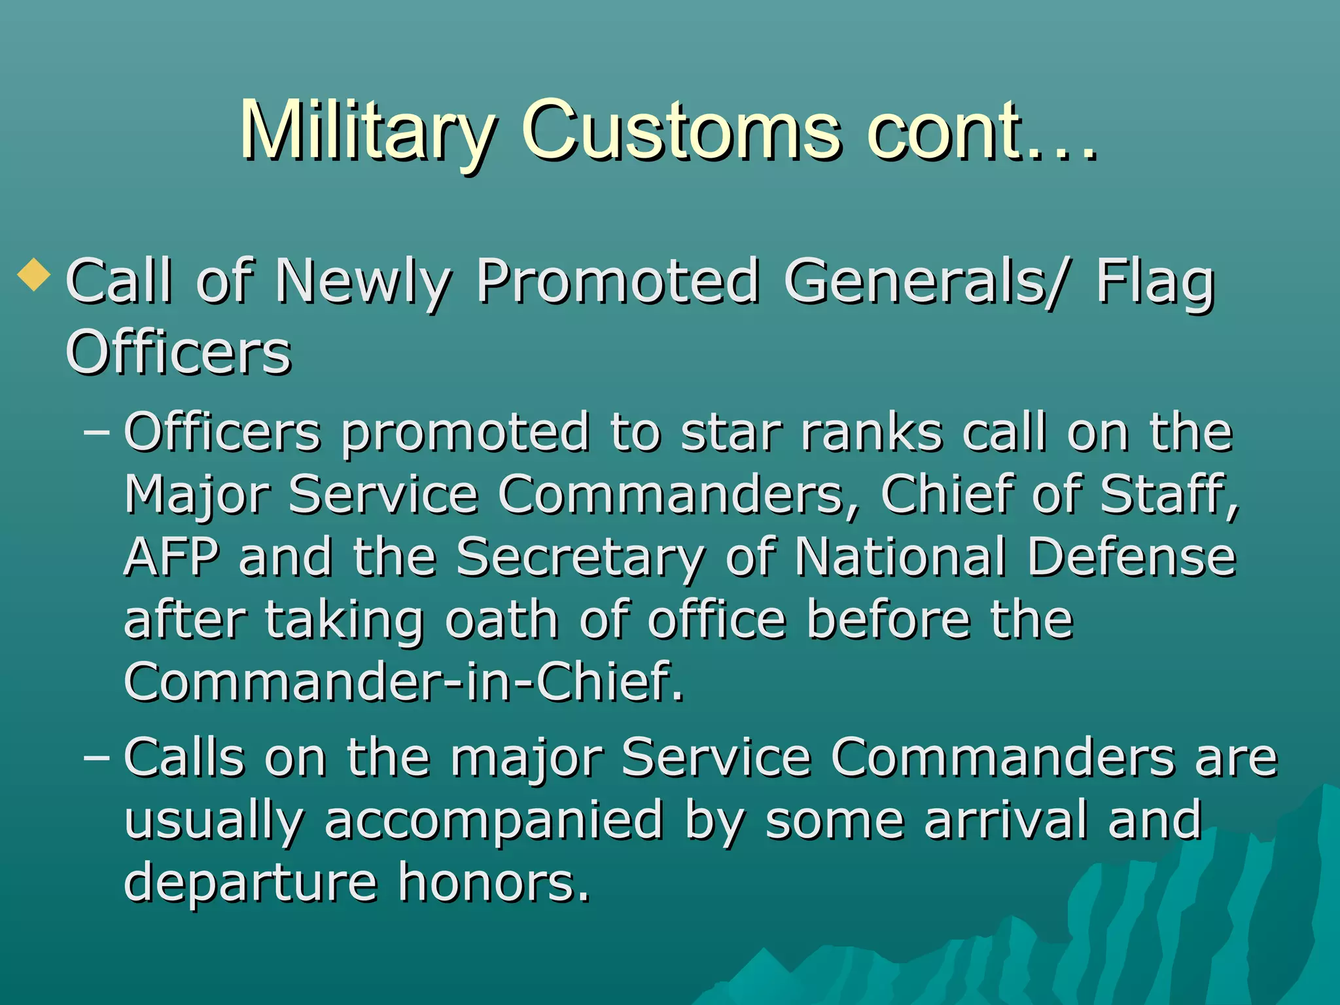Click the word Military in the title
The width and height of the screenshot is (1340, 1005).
click(x=366, y=131)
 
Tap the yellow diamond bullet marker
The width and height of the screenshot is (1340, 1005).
click(x=34, y=275)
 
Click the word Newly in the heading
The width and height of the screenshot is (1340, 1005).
click(x=363, y=283)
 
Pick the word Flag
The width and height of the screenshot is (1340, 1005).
click(x=1155, y=283)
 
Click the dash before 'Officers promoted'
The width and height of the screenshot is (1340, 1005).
click(x=97, y=433)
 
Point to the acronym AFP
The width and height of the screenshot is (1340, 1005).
click(x=171, y=557)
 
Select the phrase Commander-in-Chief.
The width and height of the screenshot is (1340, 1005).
click(x=403, y=682)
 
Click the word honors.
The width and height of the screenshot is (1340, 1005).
click(x=494, y=882)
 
